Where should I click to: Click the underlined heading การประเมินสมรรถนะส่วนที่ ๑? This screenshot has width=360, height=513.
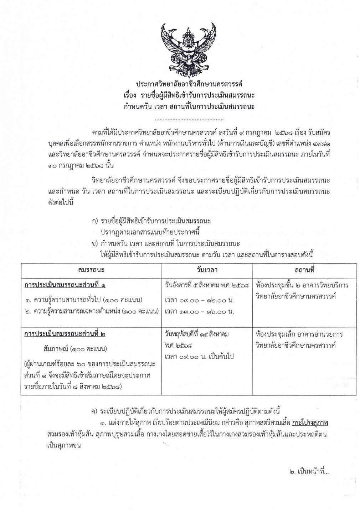tap(65, 286)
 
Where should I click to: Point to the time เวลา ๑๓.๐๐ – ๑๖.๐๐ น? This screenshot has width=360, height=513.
tap(199, 311)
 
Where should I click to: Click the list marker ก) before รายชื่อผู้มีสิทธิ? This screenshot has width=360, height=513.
tap(94, 221)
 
